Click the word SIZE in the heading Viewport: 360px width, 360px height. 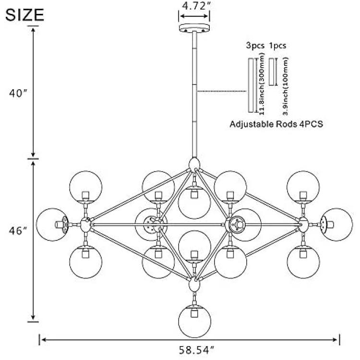(x=24, y=15)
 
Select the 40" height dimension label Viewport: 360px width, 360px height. (x=18, y=94)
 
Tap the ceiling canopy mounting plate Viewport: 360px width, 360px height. (x=194, y=28)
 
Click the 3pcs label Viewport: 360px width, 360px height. (x=255, y=46)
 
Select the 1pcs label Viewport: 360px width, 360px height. (x=277, y=46)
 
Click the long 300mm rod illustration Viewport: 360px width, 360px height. (x=251, y=85)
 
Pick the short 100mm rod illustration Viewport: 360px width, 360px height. (x=272, y=72)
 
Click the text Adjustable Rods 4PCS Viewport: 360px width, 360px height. (x=276, y=124)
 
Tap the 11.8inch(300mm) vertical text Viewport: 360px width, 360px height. (x=262, y=84)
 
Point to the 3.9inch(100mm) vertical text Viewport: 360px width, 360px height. (x=286, y=86)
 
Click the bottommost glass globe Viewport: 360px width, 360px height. (x=195, y=322)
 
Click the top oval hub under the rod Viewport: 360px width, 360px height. (x=194, y=164)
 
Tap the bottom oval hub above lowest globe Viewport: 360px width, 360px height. (x=194, y=284)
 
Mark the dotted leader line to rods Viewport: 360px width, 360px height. (x=222, y=91)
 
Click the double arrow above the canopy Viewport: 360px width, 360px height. (x=194, y=16)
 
